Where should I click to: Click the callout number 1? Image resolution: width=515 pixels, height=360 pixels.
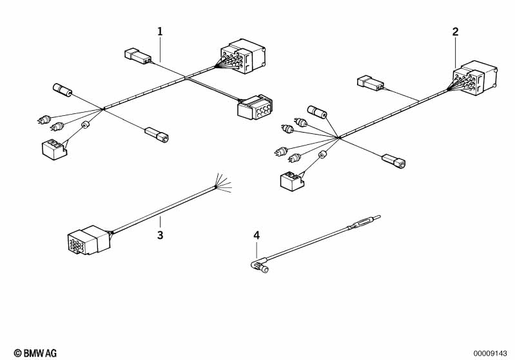click(x=160, y=32)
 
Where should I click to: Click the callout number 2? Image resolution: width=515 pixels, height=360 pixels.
click(x=455, y=32)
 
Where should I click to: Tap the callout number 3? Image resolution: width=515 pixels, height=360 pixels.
click(x=160, y=235)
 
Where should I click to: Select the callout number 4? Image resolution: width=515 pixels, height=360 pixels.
click(x=257, y=235)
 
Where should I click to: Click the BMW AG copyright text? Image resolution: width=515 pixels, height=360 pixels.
click(x=35, y=353)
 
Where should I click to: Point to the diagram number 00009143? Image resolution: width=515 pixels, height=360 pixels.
click(x=491, y=354)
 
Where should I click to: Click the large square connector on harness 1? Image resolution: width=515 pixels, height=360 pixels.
click(x=243, y=56)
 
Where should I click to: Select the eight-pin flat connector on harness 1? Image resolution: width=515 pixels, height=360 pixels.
click(x=255, y=108)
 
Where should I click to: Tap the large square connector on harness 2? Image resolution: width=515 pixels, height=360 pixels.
click(x=475, y=78)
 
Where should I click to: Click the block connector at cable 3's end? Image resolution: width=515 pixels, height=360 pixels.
click(x=89, y=240)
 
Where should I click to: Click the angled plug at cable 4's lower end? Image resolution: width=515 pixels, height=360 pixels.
click(x=260, y=266)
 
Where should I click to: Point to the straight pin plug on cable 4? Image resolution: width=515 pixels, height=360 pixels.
click(x=365, y=222)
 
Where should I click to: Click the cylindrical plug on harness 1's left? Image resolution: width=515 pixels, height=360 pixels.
click(x=63, y=90)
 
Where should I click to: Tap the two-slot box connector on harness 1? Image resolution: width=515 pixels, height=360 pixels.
click(x=54, y=149)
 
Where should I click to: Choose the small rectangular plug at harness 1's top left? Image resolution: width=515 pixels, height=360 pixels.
click(x=138, y=57)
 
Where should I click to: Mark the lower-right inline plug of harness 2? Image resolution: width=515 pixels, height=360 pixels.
click(x=394, y=160)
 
